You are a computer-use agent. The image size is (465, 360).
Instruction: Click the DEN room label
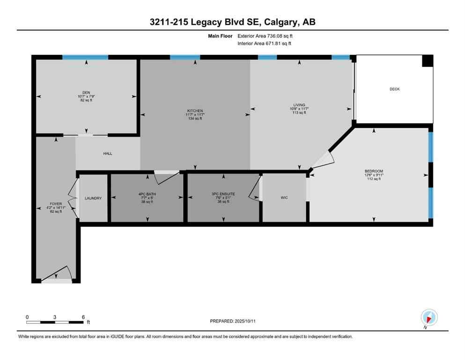[86, 92]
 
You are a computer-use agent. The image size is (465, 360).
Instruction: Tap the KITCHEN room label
[195, 111]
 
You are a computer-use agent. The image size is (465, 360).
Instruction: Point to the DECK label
[394, 89]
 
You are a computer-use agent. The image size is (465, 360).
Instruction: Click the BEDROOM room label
[374, 171]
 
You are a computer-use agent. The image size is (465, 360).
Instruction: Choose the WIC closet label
[284, 198]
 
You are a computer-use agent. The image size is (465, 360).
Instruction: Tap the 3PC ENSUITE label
[224, 194]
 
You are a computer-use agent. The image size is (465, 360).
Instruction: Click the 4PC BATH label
[148, 194]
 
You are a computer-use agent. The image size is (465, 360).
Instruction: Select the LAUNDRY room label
[93, 198]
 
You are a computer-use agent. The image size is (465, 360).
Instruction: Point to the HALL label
[108, 153]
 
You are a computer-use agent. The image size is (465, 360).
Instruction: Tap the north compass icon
[429, 317]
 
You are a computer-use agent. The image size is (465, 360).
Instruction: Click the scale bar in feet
[55, 322]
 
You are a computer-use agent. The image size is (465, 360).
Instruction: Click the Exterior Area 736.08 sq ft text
[266, 36]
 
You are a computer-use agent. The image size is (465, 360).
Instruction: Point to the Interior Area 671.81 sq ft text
[265, 44]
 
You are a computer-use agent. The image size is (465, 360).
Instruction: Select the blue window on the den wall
[85, 57]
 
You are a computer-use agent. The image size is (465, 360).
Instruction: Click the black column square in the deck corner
[428, 61]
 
